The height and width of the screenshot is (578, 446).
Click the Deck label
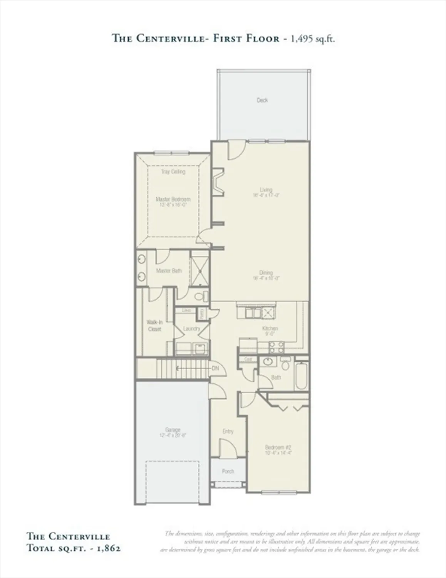pyautogui.click(x=262, y=100)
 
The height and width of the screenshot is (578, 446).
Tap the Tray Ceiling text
pyautogui.click(x=173, y=171)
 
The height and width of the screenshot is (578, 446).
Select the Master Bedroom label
pyautogui.click(x=173, y=199)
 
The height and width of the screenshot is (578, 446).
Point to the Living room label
pyautogui.click(x=266, y=190)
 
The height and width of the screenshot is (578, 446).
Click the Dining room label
pyautogui.click(x=266, y=273)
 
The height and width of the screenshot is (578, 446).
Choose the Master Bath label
pyautogui.click(x=169, y=271)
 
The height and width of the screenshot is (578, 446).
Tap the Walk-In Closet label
pyautogui.click(x=154, y=326)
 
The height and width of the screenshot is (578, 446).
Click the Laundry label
pyautogui.click(x=191, y=329)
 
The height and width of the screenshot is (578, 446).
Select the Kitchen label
pyautogui.click(x=270, y=328)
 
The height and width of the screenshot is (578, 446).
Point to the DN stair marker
pyautogui.click(x=215, y=368)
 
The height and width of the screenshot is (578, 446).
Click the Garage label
pyautogui.click(x=173, y=430)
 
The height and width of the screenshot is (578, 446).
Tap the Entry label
pyautogui.click(x=228, y=431)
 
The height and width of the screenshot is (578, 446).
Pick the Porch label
pyautogui.click(x=228, y=471)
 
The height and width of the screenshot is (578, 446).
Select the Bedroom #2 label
pyautogui.click(x=278, y=447)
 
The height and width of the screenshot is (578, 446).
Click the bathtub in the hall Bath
pyautogui.click(x=302, y=376)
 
